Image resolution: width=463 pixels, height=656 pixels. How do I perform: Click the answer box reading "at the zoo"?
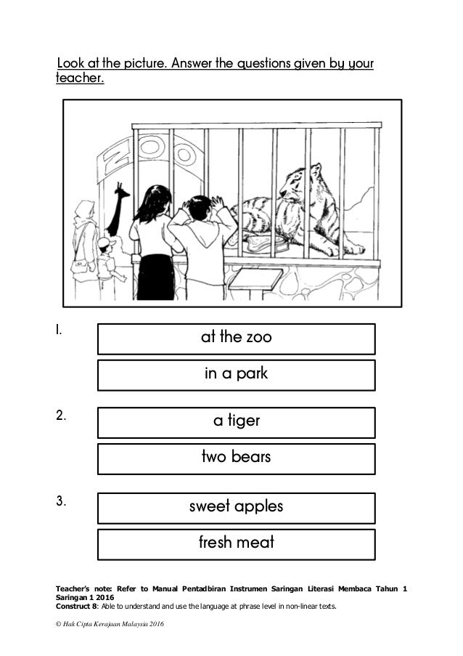click(x=236, y=339)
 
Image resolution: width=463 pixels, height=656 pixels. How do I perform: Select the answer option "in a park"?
click(x=236, y=375)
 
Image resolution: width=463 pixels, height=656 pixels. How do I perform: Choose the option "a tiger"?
click(x=236, y=422)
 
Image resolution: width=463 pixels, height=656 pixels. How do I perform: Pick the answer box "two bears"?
click(x=236, y=458)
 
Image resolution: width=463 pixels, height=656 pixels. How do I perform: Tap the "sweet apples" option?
click(x=236, y=507)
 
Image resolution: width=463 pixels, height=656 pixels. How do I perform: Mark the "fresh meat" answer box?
click(x=236, y=543)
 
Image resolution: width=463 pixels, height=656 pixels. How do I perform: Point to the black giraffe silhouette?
click(x=119, y=207)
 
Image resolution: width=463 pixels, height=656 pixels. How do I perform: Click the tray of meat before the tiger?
click(x=266, y=243)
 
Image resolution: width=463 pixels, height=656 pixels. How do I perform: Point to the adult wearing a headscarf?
click(x=85, y=240)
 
